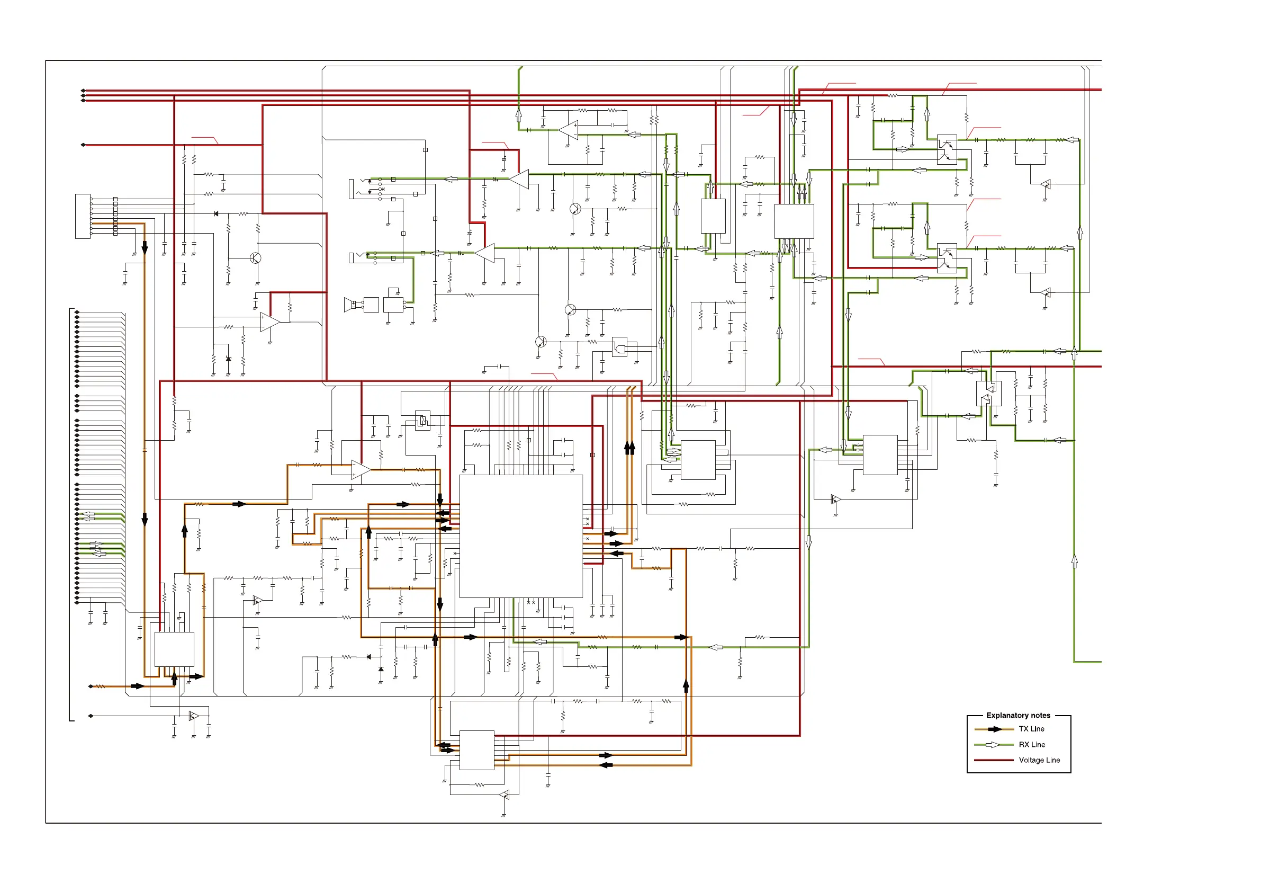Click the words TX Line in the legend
tap(1031, 729)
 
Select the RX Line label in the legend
tap(1031, 745)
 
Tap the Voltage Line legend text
tap(1039, 760)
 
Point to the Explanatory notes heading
tap(1017, 715)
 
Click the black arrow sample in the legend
tap(995, 729)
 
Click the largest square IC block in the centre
tap(521, 536)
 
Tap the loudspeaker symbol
tap(348, 304)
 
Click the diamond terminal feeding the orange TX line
tap(91, 686)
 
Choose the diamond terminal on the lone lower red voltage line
tap(84, 145)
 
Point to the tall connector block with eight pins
tap(83, 216)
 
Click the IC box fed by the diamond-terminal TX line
tap(174, 649)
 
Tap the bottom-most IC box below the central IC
tap(477, 750)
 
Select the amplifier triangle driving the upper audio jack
tap(520, 179)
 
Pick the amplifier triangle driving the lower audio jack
tap(485, 253)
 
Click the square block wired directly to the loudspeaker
tap(371, 305)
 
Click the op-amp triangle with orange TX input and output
tap(361, 470)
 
